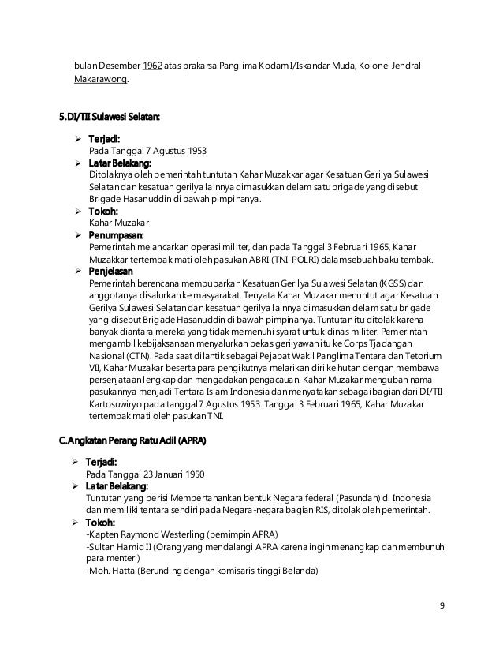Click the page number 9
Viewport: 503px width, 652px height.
[442, 606]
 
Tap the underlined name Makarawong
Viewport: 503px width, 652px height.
[101, 80]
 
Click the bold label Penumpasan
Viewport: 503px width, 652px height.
[114, 234]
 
